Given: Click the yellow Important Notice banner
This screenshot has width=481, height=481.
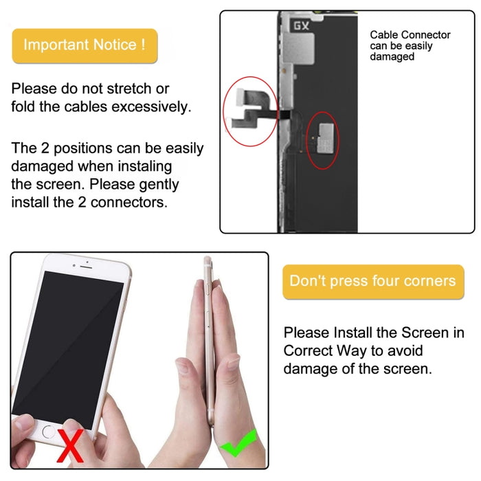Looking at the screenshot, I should coord(85,45).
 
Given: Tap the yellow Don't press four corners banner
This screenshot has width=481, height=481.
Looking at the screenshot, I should coord(372,281).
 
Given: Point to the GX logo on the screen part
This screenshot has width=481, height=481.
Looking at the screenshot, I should coord(301,26).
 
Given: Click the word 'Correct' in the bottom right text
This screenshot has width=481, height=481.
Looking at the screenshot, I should coord(306,350).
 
